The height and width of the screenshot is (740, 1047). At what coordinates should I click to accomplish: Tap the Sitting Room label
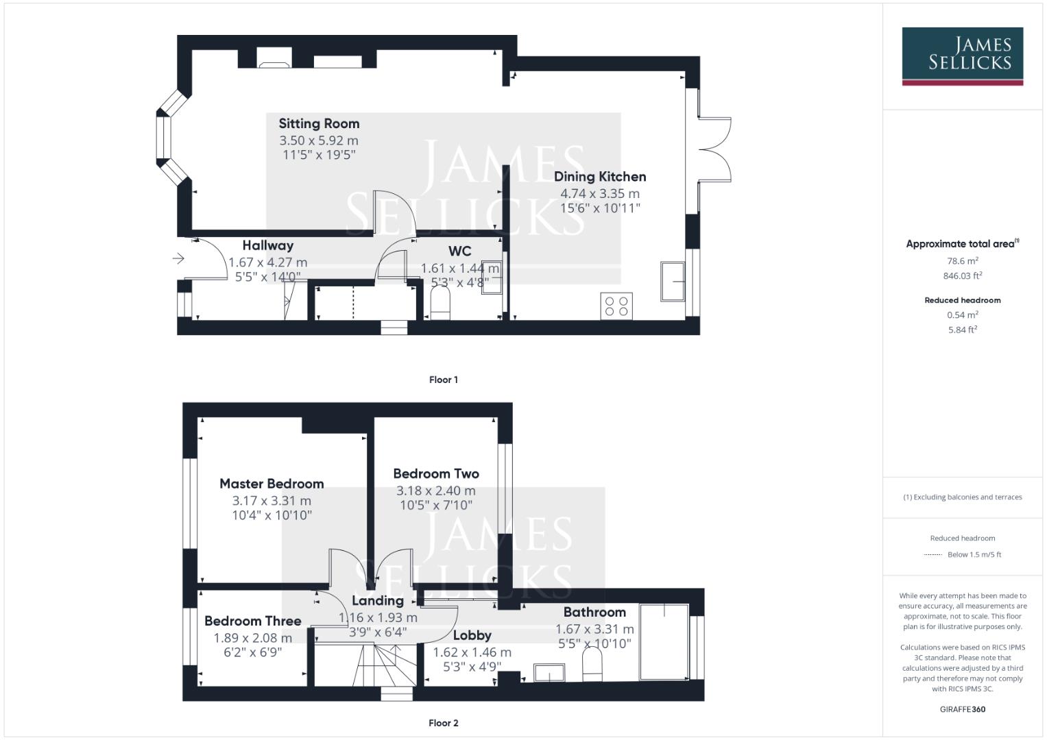[x=319, y=124]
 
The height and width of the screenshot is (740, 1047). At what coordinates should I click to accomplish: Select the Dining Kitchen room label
[x=600, y=177]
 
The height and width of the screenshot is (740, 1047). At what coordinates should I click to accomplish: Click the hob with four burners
[x=616, y=306]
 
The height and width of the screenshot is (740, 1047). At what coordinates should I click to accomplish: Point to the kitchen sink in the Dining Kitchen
[x=673, y=281]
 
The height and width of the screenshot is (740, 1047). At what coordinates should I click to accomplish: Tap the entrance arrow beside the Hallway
[x=178, y=258]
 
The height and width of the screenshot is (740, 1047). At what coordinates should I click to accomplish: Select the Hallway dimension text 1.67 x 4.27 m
[x=267, y=262]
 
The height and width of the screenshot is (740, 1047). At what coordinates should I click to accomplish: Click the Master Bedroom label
[x=272, y=484]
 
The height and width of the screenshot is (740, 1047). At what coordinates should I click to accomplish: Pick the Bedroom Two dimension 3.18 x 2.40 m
[x=435, y=491]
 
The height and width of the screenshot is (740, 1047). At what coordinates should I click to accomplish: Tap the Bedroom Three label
[x=252, y=621]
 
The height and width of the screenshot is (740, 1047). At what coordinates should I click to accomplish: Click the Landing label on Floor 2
[x=377, y=601]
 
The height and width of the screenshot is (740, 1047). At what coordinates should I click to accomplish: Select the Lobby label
[x=472, y=636]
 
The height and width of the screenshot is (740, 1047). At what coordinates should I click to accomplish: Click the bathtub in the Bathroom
[x=664, y=642]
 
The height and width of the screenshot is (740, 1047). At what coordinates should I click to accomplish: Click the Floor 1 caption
[x=443, y=380]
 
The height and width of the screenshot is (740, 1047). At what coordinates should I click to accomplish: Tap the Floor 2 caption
[x=443, y=723]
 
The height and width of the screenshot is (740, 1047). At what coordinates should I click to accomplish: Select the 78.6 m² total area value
[x=962, y=261]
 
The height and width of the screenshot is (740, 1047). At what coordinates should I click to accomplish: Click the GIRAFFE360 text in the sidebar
[x=962, y=709]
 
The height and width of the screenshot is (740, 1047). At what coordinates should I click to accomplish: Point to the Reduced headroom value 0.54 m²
[x=962, y=315]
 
